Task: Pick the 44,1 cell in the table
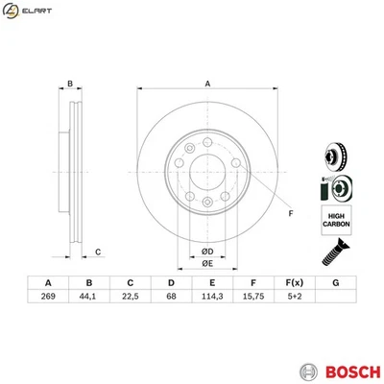88,298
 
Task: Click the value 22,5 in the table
130,298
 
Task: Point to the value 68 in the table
171,298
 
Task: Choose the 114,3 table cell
211,298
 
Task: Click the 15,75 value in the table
252,298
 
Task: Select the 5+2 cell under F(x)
294,298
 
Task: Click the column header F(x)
294,282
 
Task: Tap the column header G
335,282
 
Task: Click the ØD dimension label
206,252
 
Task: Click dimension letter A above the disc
206,84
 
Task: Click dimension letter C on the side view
98,252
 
